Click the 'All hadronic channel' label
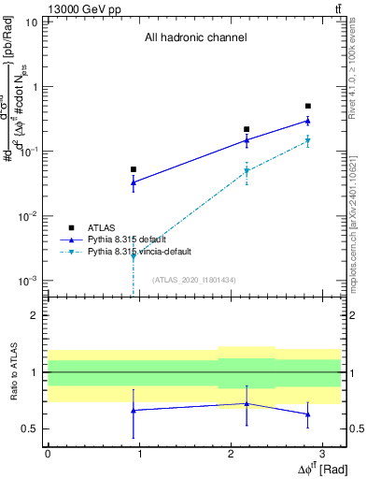point(195,38)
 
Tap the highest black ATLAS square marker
point(308,106)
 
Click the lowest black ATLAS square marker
point(134,169)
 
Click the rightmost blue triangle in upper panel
point(308,121)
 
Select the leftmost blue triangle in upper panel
point(134,182)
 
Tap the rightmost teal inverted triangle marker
point(308,141)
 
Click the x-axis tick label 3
point(321,453)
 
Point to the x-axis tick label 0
point(48,453)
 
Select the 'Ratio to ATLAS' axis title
point(13,372)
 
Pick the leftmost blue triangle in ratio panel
point(134,410)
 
